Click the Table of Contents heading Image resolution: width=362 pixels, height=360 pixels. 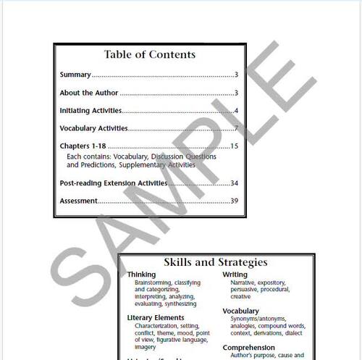[x=149, y=54]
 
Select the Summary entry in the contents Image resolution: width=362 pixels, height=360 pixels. [x=75, y=75]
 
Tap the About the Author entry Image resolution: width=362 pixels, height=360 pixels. [x=88, y=93]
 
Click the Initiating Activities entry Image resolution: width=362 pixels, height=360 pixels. [x=90, y=111]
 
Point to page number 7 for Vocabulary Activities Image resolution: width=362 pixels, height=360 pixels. [x=236, y=129]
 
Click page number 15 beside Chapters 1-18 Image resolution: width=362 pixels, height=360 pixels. [x=234, y=147]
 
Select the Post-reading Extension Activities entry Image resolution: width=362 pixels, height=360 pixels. [x=113, y=183]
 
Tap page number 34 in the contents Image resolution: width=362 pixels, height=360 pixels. [x=234, y=183]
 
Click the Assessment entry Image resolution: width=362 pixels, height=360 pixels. [x=78, y=201]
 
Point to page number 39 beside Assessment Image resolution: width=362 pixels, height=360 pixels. [x=234, y=201]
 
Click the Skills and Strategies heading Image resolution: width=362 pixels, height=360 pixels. [x=216, y=262]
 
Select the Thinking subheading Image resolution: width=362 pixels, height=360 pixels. [x=141, y=275]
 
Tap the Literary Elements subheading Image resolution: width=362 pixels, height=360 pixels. [x=156, y=318]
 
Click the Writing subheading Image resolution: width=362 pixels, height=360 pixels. [x=235, y=275]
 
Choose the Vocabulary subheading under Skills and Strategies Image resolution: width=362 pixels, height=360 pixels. [x=241, y=311]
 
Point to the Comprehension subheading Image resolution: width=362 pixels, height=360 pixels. [x=248, y=348]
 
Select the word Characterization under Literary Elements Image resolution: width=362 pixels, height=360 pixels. [x=157, y=326]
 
